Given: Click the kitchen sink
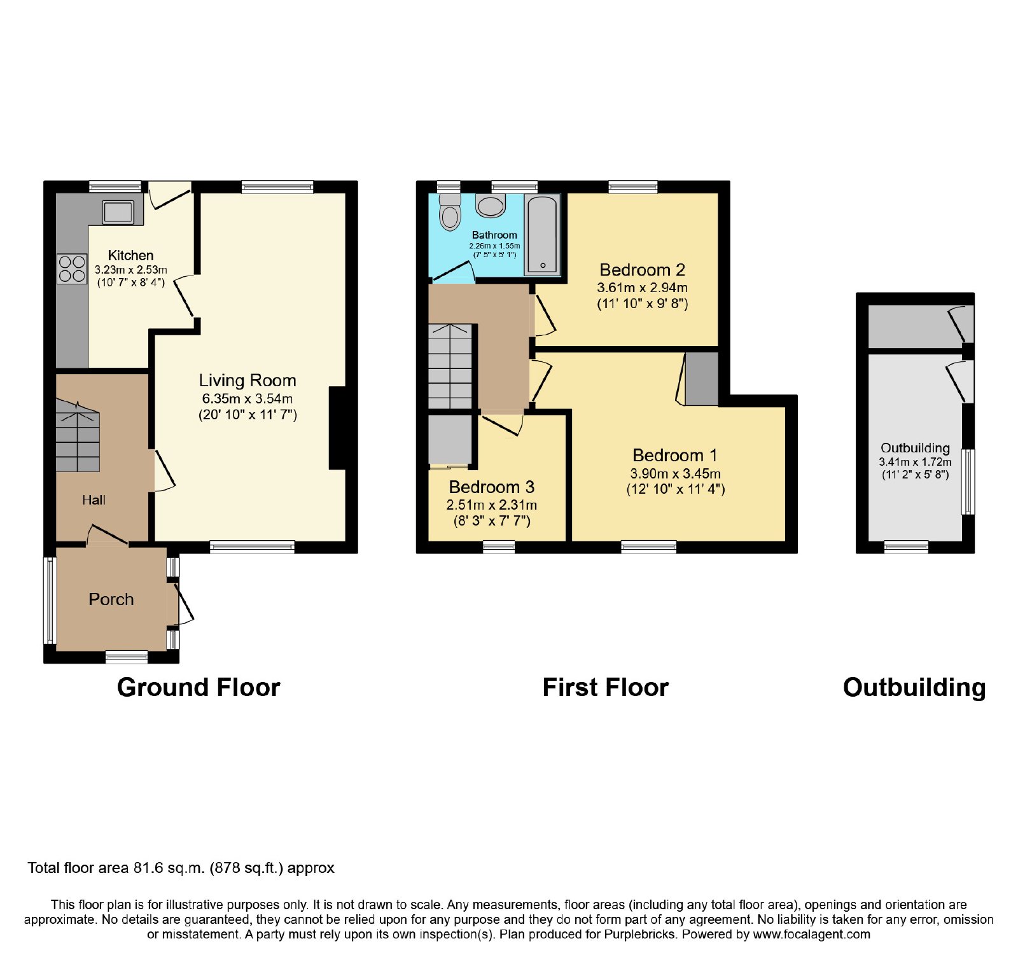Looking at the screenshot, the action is click(118, 212).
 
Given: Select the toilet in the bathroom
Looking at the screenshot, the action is click(450, 211).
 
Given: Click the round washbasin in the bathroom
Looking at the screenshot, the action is click(491, 206).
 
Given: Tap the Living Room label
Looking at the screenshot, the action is click(248, 380).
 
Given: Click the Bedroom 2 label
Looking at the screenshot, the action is click(643, 270).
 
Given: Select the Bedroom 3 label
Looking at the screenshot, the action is click(492, 487).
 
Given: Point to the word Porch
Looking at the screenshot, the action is click(111, 599).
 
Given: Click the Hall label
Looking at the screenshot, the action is click(94, 500).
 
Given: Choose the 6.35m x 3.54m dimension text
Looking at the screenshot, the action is click(248, 399).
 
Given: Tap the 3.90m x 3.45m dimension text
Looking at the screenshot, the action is click(676, 473).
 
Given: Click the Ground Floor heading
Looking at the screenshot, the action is click(199, 688).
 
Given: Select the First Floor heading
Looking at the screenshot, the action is click(606, 688).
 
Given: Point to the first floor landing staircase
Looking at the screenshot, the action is click(450, 366).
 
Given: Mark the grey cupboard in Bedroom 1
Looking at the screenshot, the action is click(702, 379).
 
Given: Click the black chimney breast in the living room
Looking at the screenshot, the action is click(337, 428).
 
